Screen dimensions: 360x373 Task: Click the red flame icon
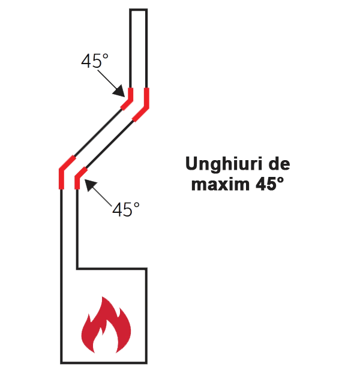pyautogui.click(x=106, y=324)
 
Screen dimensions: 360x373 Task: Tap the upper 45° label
pyautogui.click(x=95, y=61)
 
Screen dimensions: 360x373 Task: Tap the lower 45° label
pyautogui.click(x=126, y=209)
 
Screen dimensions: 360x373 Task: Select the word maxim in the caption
pyautogui.click(x=220, y=184)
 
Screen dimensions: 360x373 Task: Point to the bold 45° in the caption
pyautogui.click(x=269, y=184)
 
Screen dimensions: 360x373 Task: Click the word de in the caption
pyautogui.click(x=280, y=164)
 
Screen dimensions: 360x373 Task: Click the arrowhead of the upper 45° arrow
pyautogui.click(x=119, y=92)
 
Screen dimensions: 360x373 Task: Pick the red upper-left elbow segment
pyautogui.click(x=129, y=99)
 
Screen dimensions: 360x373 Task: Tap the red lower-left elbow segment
pyautogui.click(x=64, y=172)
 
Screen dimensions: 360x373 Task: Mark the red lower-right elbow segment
pyautogui.click(x=79, y=178)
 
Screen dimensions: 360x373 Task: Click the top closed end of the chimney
pyautogui.click(x=138, y=10)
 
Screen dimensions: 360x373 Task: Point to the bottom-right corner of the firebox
pyautogui.click(x=146, y=363)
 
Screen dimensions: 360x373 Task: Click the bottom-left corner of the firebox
pyautogui.click(x=61, y=363)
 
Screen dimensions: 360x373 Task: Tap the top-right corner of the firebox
pyautogui.click(x=146, y=269)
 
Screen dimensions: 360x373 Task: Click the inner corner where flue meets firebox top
pyautogui.click(x=77, y=269)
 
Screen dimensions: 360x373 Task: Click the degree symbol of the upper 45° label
pyautogui.click(x=106, y=56)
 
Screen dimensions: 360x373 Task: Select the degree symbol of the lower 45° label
pyautogui.click(x=137, y=205)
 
